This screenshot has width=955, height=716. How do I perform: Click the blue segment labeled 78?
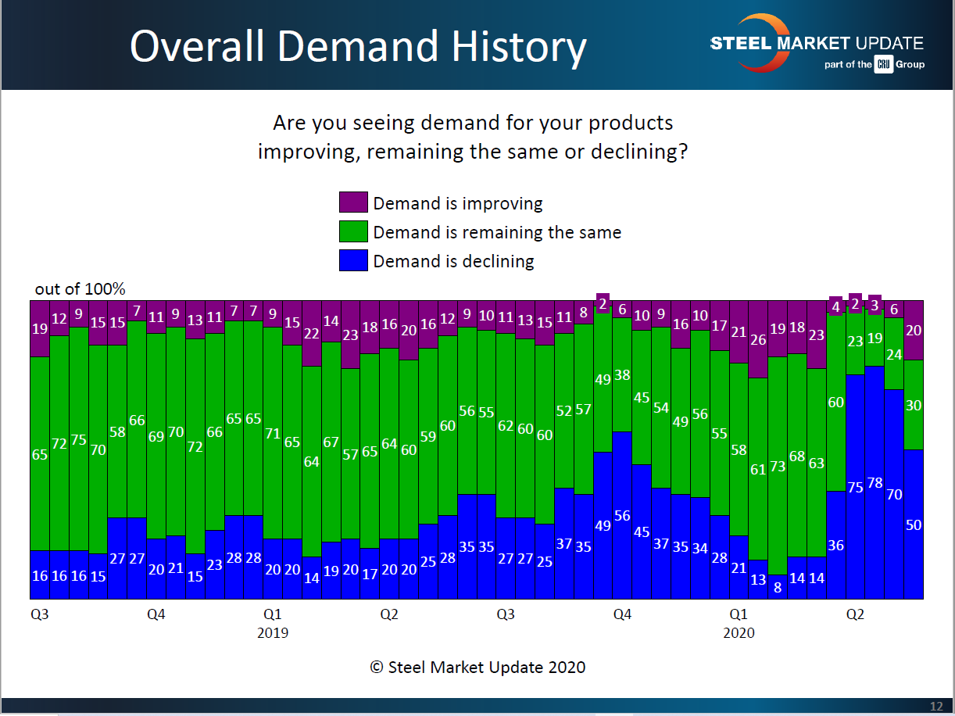tap(875, 482)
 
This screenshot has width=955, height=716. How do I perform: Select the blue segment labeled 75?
tap(855, 486)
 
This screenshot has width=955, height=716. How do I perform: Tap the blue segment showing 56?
tap(622, 515)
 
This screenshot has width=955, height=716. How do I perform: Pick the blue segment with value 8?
tap(778, 586)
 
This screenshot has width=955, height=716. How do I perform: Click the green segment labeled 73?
tap(778, 466)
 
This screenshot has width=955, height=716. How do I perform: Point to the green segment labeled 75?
tap(79, 439)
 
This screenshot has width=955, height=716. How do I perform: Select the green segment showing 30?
tap(914, 405)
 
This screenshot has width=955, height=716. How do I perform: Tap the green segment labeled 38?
tap(622, 374)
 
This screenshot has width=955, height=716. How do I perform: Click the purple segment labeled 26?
tap(758, 339)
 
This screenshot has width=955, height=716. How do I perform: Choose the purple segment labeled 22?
tap(312, 333)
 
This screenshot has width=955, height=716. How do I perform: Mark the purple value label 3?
tap(875, 306)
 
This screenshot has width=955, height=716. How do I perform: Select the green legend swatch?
tap(353, 232)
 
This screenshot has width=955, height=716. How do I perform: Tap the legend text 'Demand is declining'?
tap(453, 261)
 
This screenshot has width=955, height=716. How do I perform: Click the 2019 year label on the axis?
tap(272, 632)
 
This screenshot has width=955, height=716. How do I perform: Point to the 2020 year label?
tap(739, 632)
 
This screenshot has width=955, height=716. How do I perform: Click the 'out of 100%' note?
tap(80, 289)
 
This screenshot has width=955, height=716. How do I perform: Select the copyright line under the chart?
tap(477, 668)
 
